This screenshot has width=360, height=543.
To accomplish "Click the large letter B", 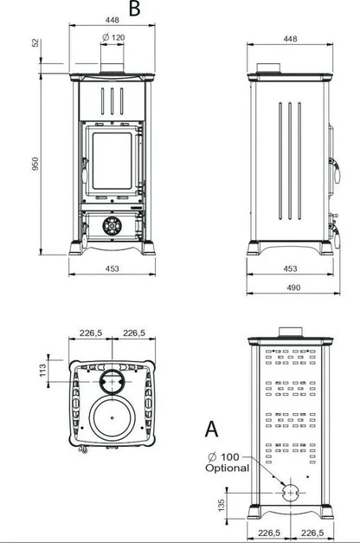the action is [134, 9].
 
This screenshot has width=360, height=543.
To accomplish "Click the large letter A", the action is [211, 429].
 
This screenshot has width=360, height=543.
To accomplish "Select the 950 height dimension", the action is [35, 164].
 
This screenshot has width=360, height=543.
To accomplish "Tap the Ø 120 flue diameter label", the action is [113, 37].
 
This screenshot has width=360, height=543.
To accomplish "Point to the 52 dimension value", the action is [35, 43].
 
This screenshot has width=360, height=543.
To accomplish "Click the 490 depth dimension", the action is [293, 288].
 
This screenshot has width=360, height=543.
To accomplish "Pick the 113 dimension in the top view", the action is [42, 370].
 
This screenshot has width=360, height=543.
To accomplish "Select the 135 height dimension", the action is [222, 505].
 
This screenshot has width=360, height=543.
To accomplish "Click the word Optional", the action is [227, 468].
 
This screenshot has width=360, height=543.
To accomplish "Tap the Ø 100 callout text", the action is [223, 456].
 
